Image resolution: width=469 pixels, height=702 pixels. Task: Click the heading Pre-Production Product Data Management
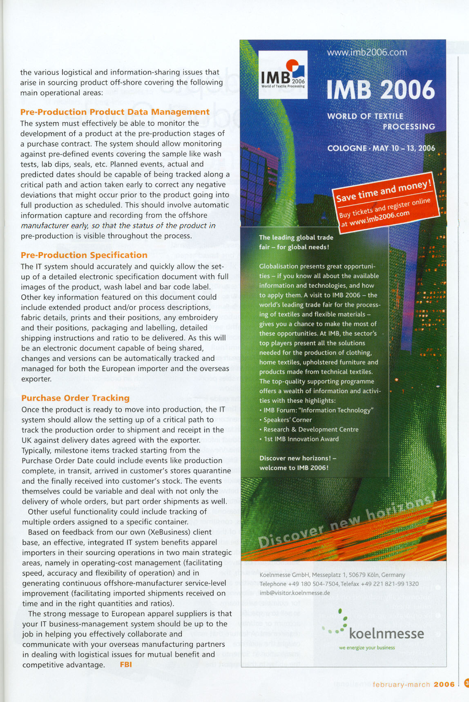pyautogui.click(x=115, y=112)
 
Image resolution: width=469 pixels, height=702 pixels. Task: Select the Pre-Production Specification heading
pyautogui.click(x=84, y=255)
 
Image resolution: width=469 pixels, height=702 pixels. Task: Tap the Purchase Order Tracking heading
pyautogui.click(x=75, y=398)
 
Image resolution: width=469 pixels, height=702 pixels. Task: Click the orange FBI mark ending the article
pyautogui.click(x=126, y=664)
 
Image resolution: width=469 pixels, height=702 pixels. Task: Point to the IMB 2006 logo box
pyautogui.click(x=283, y=75)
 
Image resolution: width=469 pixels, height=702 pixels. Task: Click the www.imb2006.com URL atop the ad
pyautogui.click(x=367, y=52)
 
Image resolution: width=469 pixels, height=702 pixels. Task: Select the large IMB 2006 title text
pyautogui.click(x=381, y=90)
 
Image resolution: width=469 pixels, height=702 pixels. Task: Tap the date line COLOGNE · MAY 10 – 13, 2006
pyautogui.click(x=381, y=148)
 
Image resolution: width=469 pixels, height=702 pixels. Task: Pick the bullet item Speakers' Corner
pyautogui.click(x=287, y=420)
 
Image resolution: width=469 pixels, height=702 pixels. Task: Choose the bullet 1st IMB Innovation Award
pyautogui.click(x=301, y=439)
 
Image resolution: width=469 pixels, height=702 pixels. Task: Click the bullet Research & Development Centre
pyautogui.click(x=311, y=429)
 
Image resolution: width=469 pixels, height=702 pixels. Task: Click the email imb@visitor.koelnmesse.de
pyautogui.click(x=295, y=593)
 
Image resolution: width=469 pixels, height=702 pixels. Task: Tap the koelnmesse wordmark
pyautogui.click(x=386, y=634)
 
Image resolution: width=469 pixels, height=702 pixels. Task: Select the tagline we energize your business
pyautogui.click(x=366, y=648)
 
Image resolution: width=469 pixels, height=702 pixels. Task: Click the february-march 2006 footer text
pyautogui.click(x=413, y=684)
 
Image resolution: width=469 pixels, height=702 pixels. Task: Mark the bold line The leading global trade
pyautogui.click(x=296, y=237)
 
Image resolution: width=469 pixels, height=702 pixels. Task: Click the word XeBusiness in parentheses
pyautogui.click(x=170, y=532)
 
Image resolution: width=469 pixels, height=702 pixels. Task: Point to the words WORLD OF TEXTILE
pyautogui.click(x=365, y=116)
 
